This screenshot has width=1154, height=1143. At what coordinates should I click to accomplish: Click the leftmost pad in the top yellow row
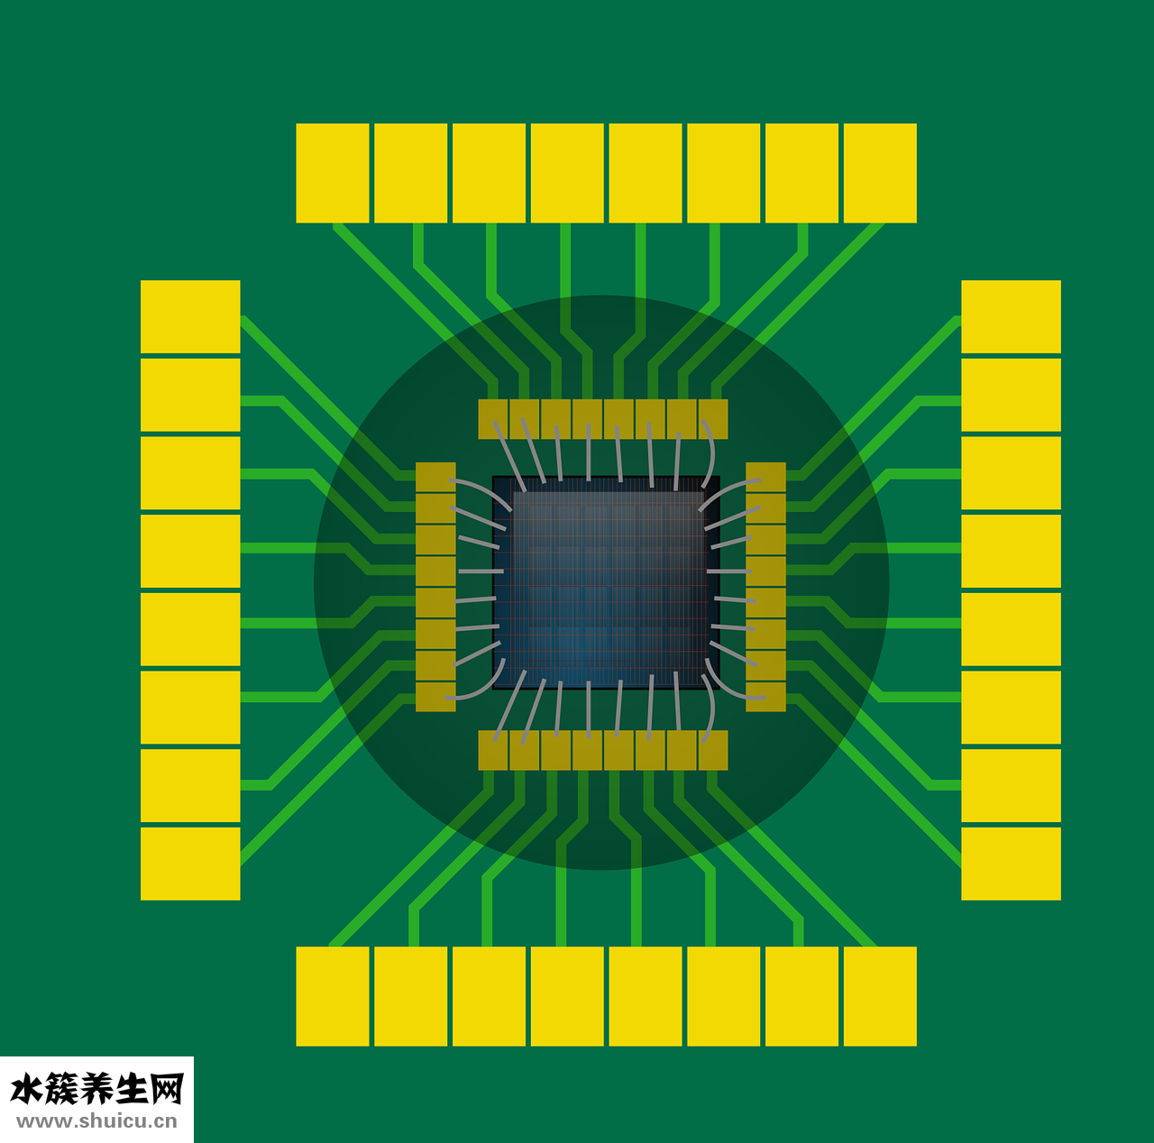[x=333, y=173]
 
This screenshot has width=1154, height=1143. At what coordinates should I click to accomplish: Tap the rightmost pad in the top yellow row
[x=880, y=173]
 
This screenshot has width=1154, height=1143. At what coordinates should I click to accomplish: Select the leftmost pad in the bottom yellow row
[x=333, y=996]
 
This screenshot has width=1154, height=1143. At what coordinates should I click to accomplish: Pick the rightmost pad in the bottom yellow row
[x=880, y=996]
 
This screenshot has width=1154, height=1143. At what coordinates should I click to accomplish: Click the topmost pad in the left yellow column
[x=190, y=316]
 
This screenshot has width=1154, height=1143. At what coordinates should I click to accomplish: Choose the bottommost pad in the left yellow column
[x=190, y=864]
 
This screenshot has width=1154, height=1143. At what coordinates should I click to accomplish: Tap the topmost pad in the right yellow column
[x=1011, y=316]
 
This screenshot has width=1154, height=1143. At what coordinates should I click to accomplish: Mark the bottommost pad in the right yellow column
[x=1011, y=864]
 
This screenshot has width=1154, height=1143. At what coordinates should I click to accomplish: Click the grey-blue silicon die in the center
[x=606, y=583]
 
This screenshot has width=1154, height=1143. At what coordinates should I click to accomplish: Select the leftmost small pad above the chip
[x=493, y=419]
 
